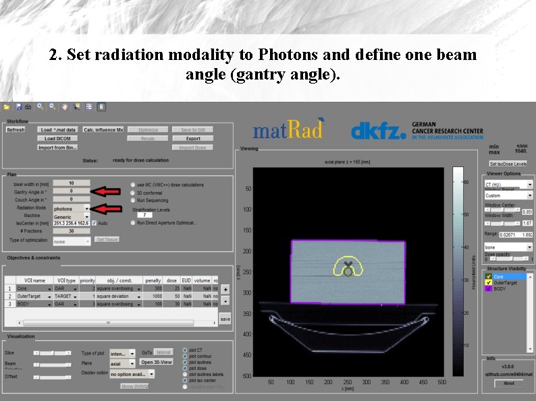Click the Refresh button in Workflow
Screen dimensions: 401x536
[x=16, y=129]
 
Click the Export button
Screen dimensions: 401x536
[x=193, y=138]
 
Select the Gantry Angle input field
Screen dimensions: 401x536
[x=71, y=191]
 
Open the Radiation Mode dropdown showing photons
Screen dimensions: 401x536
[x=71, y=209]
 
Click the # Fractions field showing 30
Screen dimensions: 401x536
[x=71, y=230]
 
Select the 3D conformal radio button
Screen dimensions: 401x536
[x=133, y=193]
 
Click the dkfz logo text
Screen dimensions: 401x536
[x=378, y=130]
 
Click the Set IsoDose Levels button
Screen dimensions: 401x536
[x=508, y=164]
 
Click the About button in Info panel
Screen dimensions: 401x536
[x=508, y=383]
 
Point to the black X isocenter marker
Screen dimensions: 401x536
[x=348, y=265]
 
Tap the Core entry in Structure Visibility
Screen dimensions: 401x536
[x=499, y=276]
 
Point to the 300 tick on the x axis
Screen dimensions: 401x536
[x=366, y=381]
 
